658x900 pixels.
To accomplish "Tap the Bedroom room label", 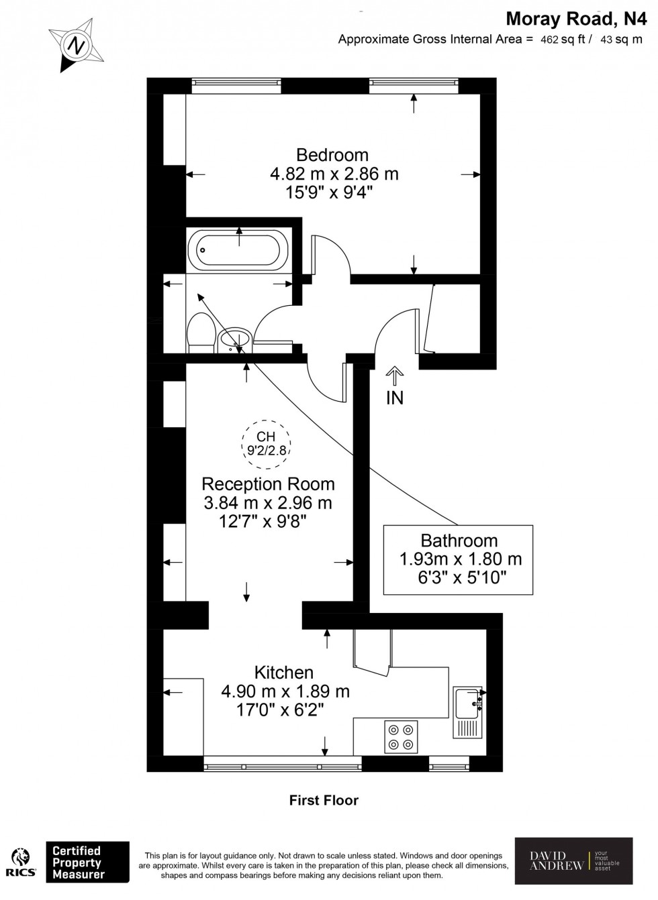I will pyautogui.click(x=332, y=155).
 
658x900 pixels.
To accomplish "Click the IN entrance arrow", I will pyautogui.click(x=395, y=376).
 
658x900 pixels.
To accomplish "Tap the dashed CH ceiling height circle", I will pyautogui.click(x=267, y=443).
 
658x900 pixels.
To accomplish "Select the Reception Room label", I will pyautogui.click(x=268, y=484).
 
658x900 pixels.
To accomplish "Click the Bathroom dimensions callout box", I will pyautogui.click(x=458, y=559).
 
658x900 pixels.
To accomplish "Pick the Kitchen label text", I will pyautogui.click(x=284, y=672).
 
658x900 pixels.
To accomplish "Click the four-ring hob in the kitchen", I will pyautogui.click(x=401, y=736).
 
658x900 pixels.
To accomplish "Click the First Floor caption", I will pyautogui.click(x=324, y=800).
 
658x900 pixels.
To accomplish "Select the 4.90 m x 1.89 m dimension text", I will pyautogui.click(x=285, y=691).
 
